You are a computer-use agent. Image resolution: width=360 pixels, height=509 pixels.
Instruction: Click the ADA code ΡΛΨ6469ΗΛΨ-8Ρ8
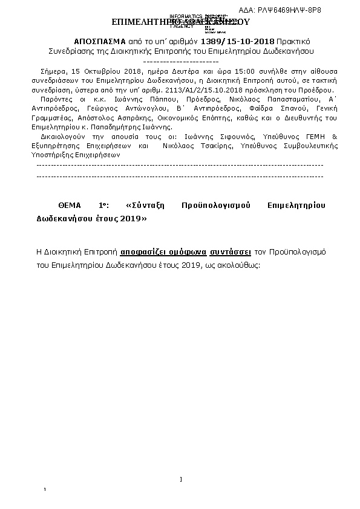click(x=295, y=11)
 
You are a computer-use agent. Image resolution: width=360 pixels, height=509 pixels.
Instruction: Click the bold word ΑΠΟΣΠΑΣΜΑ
click(x=99, y=40)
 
